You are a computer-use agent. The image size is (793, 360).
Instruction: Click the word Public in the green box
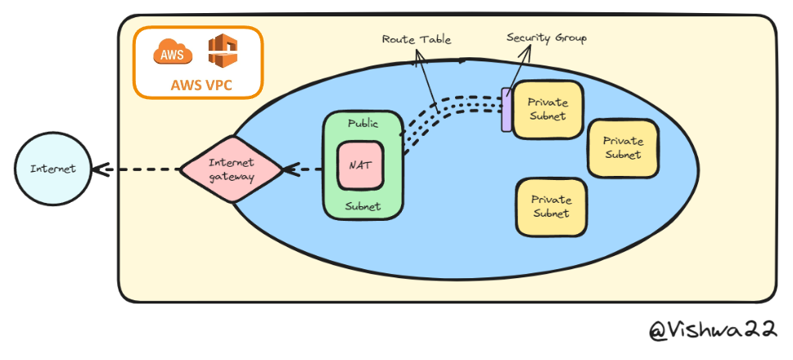(363, 124)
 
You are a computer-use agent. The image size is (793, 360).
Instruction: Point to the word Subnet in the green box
(363, 206)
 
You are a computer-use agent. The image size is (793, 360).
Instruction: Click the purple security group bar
(506, 110)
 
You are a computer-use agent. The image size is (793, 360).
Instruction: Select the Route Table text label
(416, 38)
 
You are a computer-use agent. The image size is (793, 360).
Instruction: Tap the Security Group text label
(546, 38)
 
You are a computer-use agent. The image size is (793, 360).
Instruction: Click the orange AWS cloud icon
(173, 53)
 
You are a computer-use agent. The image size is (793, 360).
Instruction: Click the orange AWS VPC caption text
(198, 84)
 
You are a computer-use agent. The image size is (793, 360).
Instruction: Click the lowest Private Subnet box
(551, 206)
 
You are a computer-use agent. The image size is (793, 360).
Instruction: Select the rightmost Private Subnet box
(623, 148)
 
